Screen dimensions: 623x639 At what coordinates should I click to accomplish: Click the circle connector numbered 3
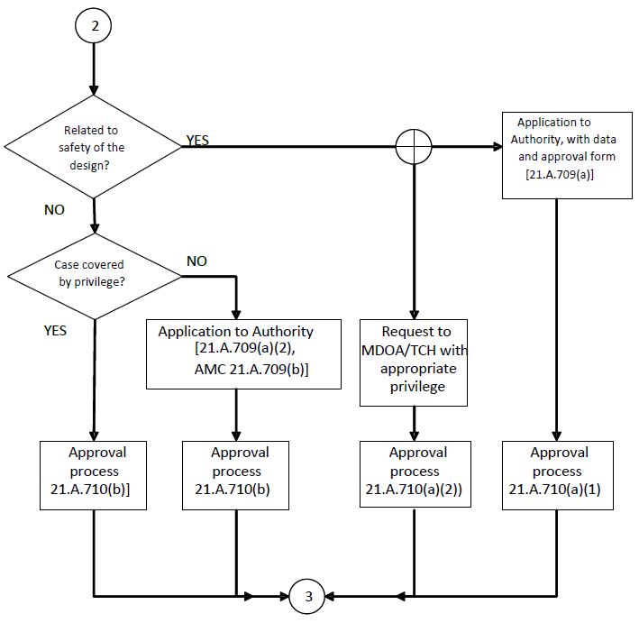click(308, 596)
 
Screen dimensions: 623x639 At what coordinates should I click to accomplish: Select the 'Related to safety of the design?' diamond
click(94, 147)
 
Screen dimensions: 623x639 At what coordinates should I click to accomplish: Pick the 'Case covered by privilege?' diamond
click(94, 275)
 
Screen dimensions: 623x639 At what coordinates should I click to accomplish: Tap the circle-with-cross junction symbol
click(414, 146)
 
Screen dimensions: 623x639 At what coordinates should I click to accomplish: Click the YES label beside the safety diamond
click(198, 141)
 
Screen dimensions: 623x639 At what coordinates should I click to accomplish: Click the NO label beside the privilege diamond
click(196, 261)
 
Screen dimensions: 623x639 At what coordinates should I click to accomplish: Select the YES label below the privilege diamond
click(55, 330)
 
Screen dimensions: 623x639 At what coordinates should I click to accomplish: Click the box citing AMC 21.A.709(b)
click(243, 353)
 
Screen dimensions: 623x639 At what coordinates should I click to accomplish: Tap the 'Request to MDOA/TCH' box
click(415, 362)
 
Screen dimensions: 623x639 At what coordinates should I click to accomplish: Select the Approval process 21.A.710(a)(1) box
click(558, 473)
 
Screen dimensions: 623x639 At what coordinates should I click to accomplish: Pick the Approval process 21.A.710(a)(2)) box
click(415, 473)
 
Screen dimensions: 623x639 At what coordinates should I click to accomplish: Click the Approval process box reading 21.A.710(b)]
click(94, 474)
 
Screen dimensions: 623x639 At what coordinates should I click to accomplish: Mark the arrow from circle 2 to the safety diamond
click(94, 68)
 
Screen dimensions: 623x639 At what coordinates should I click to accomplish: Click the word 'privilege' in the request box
click(415, 388)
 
